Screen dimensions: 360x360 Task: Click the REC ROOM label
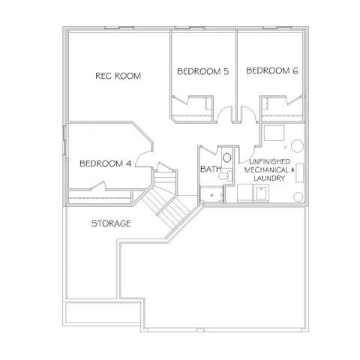click(x=118, y=76)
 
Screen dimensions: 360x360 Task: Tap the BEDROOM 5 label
click(x=202, y=71)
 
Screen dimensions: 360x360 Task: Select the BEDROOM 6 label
click(x=272, y=71)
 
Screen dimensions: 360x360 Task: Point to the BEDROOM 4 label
click(x=105, y=163)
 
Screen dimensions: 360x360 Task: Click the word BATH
click(x=210, y=169)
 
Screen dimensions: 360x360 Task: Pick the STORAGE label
click(x=111, y=223)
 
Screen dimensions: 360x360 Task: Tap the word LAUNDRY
click(x=268, y=178)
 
